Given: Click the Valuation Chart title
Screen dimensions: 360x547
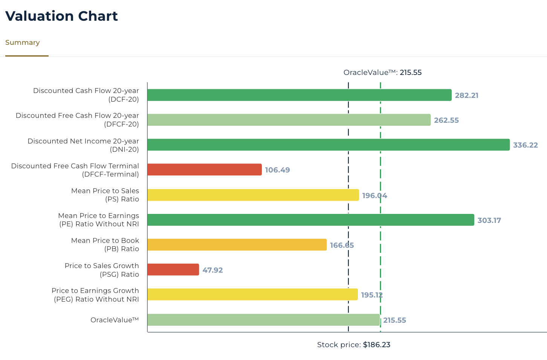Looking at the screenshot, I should click(x=61, y=16).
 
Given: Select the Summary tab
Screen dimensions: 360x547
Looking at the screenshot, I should click(x=23, y=43).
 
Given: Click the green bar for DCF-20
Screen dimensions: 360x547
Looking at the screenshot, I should click(x=299, y=95).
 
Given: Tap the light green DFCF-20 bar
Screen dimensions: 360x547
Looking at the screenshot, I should click(x=289, y=120).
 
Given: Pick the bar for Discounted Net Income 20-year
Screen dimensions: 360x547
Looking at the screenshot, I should click(x=328, y=145).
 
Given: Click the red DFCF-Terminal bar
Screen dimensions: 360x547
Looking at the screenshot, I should click(x=204, y=169).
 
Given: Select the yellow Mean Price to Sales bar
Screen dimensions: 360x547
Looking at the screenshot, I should click(x=253, y=195).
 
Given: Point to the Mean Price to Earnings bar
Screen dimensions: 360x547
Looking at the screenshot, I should click(x=310, y=220).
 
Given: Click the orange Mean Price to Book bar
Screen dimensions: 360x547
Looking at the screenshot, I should click(x=237, y=245).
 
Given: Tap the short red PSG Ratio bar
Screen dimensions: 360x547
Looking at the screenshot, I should click(x=173, y=270).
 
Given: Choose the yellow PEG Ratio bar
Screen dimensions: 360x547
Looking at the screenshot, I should click(x=252, y=294).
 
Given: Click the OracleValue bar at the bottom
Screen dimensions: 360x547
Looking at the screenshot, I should click(x=263, y=320).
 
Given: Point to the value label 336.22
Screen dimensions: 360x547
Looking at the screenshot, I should click(x=525, y=145).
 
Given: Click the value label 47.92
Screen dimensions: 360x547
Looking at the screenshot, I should click(x=212, y=270).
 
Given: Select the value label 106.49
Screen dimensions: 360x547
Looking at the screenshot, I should click(x=277, y=170).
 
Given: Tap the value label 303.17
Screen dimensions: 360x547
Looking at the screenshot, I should click(x=489, y=220).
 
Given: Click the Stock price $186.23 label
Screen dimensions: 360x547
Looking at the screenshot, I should click(x=353, y=345).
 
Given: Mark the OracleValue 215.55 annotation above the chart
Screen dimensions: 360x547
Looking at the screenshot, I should click(x=382, y=72).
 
